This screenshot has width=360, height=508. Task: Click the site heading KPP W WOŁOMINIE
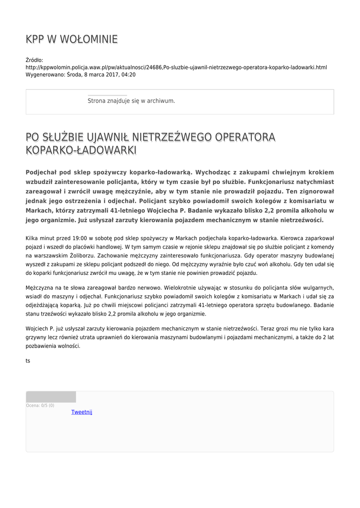[x=72, y=39]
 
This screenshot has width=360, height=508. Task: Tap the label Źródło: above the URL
[x=34, y=60]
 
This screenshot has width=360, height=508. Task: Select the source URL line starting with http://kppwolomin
[x=176, y=67]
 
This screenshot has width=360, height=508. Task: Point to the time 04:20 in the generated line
[x=129, y=74]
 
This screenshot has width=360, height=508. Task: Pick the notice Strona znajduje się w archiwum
[x=131, y=101]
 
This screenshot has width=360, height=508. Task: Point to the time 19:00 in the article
[x=80, y=239]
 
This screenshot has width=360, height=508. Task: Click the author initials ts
[x=28, y=361]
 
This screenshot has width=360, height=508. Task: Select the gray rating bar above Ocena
[x=51, y=396]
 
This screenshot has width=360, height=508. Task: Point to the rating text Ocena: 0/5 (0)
[x=40, y=405]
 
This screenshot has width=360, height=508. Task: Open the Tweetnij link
[x=81, y=412]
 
